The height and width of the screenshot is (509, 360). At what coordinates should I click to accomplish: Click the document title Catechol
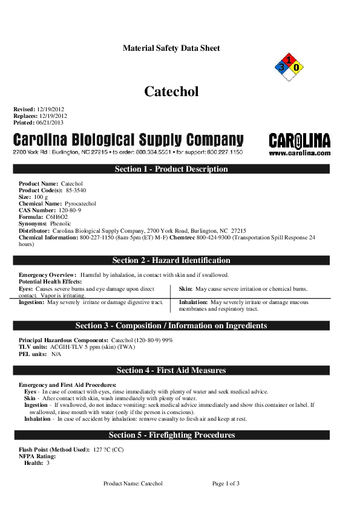pos(171,91)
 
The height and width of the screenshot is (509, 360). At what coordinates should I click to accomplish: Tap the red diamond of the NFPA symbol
pos(289,60)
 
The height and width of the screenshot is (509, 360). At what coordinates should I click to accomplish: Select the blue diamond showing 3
pos(281,68)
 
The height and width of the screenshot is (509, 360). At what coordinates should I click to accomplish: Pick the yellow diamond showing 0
pos(296,68)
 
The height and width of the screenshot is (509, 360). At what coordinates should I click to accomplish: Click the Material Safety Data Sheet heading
pos(171,48)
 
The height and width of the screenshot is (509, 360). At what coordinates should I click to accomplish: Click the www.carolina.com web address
pos(299,154)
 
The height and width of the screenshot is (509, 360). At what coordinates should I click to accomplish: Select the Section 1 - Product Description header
pos(171,169)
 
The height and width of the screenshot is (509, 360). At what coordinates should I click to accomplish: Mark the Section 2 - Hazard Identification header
pos(171,261)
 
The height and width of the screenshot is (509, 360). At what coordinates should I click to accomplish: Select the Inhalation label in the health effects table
pos(194,302)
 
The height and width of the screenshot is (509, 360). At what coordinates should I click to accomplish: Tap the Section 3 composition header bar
pos(171,326)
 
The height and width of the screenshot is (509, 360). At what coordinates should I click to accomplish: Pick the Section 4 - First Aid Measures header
pos(171,370)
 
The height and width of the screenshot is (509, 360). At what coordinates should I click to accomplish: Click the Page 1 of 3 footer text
pos(226,484)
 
